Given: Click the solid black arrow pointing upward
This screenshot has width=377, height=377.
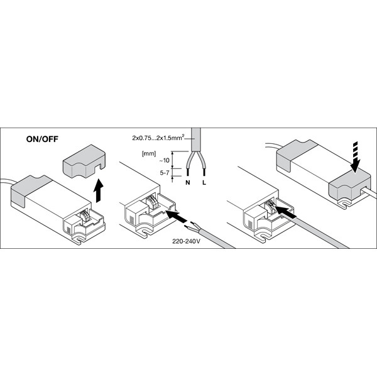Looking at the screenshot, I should (99, 188).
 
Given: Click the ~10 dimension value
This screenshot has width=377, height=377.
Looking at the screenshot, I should (165, 162).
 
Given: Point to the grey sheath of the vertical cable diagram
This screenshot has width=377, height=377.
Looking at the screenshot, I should (197, 139).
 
